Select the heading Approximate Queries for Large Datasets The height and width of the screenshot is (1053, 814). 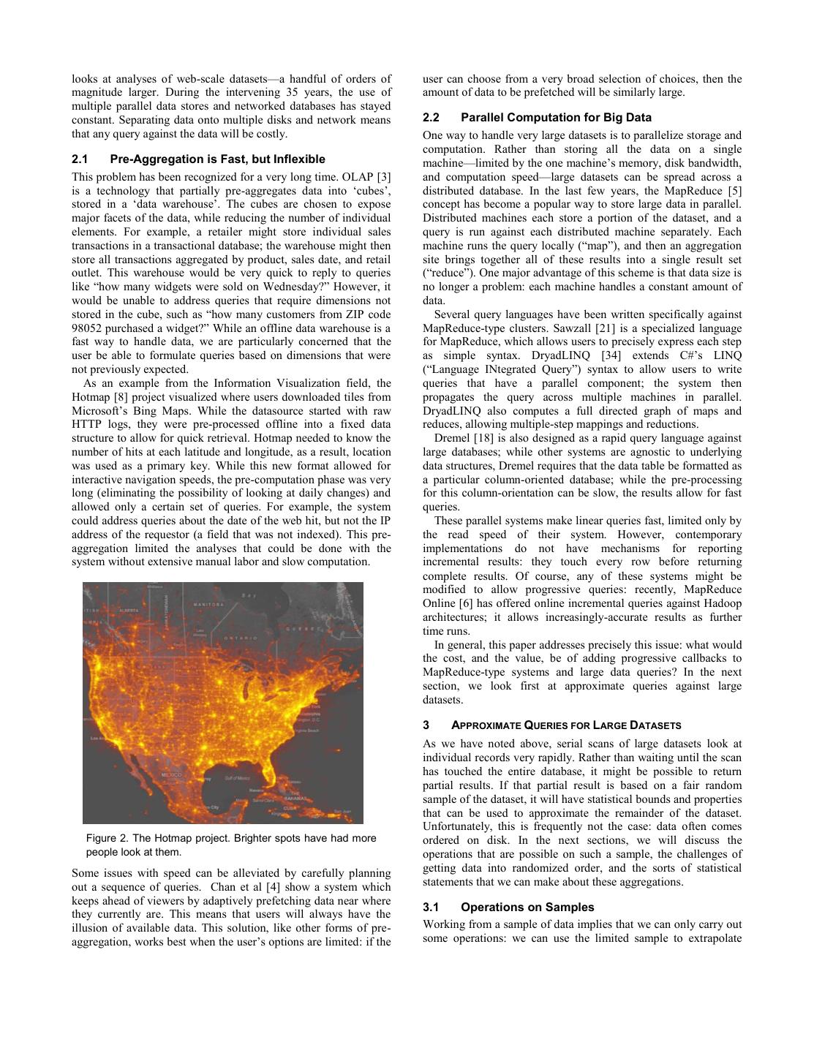coord(566,725)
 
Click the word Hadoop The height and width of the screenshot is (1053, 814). coord(722,603)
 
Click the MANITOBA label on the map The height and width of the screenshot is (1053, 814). coord(208,605)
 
